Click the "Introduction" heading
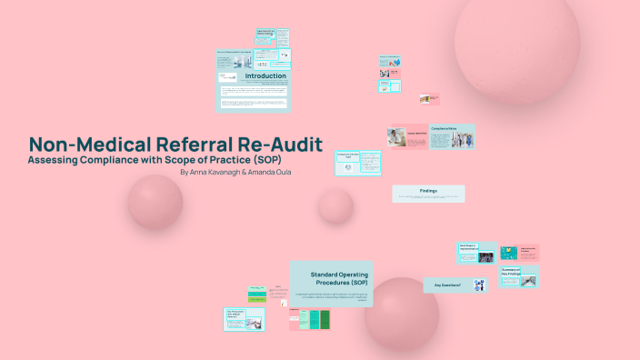coord(265,76)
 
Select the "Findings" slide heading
coord(428,190)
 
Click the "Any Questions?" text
coord(447,285)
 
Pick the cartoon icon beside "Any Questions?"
coord(479,285)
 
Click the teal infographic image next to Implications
coord(508,253)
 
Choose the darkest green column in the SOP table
coord(314,320)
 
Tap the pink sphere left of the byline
coord(155,201)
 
